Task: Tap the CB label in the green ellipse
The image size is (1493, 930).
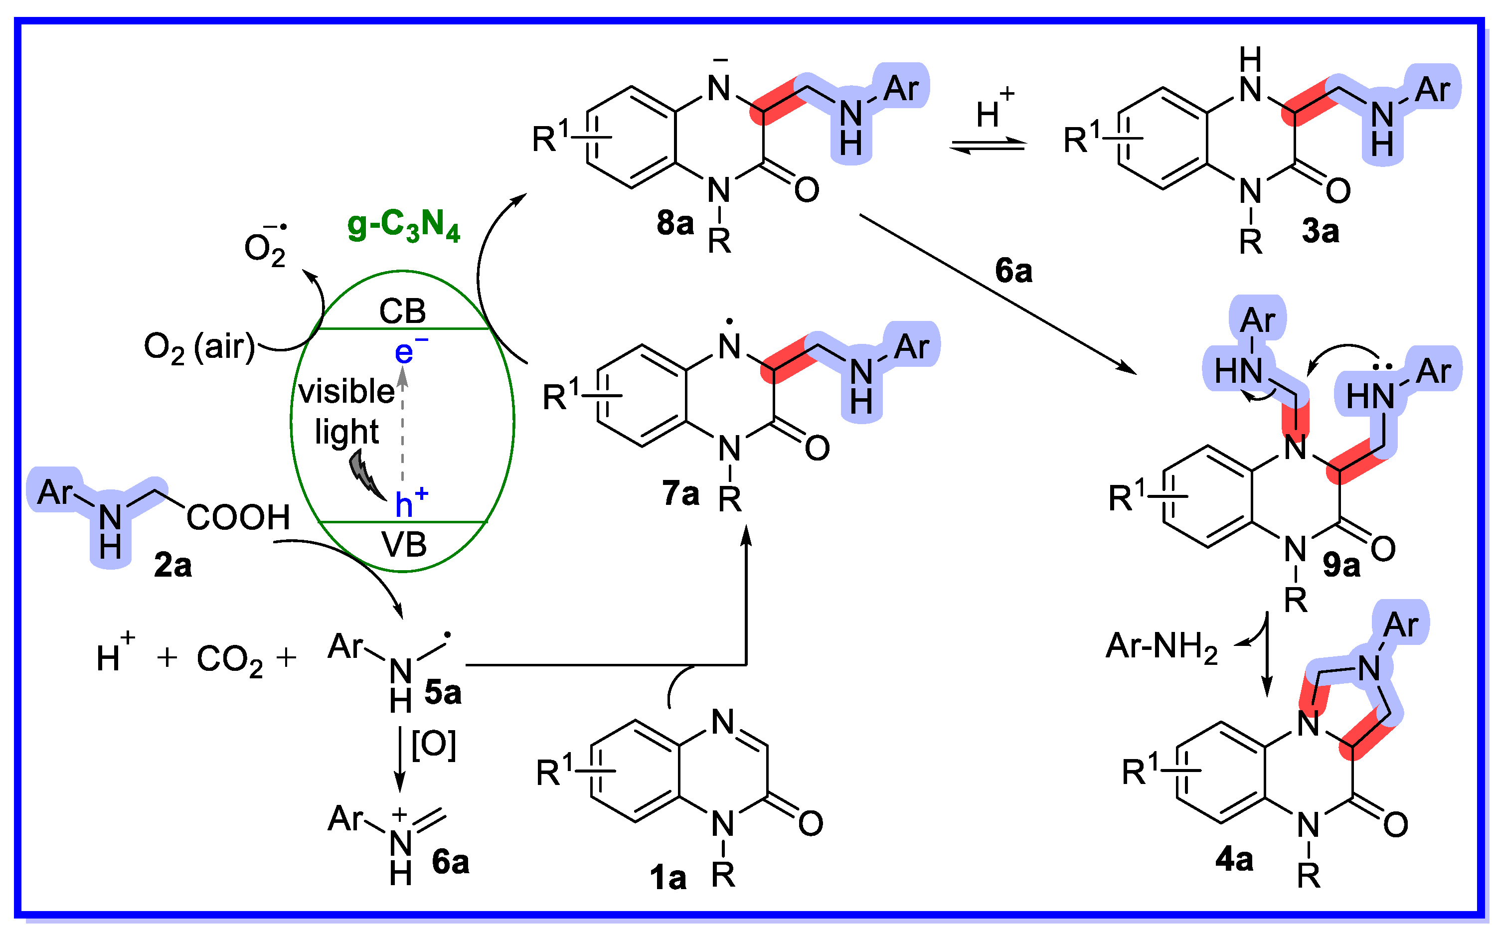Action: pyautogui.click(x=402, y=311)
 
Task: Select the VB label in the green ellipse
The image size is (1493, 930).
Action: pyautogui.click(x=404, y=544)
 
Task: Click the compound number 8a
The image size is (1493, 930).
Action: pyautogui.click(x=675, y=223)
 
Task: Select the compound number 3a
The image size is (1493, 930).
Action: pyautogui.click(x=1320, y=232)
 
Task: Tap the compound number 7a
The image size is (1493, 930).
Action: pyautogui.click(x=680, y=493)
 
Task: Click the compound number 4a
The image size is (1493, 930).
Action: pyautogui.click(x=1234, y=859)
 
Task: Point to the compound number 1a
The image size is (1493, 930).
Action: pyautogui.click(x=667, y=878)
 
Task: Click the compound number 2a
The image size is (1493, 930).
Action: pyautogui.click(x=173, y=565)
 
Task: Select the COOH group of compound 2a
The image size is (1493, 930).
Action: pyautogui.click(x=238, y=517)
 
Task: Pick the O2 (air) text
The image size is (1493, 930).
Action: pyautogui.click(x=199, y=347)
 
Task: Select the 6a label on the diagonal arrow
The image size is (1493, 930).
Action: pyautogui.click(x=1013, y=271)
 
